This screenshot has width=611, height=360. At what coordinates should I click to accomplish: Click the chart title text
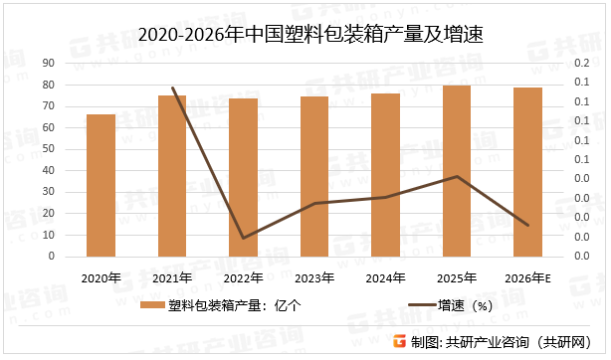tap(305, 35)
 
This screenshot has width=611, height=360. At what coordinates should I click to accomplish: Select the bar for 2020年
tap(101, 185)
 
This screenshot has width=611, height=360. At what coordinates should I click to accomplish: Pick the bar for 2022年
tap(244, 177)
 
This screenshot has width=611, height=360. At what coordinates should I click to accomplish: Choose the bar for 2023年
tap(315, 176)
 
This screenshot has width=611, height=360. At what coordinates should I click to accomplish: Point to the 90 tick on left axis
tap(48, 63)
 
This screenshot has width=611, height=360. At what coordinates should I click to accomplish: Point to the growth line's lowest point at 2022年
tap(244, 238)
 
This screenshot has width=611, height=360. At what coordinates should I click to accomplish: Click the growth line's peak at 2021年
tap(173, 88)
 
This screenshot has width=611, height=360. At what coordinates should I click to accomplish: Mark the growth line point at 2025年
tap(457, 176)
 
